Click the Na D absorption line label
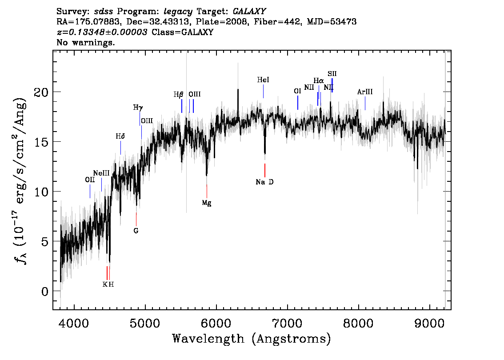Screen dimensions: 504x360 (264, 182)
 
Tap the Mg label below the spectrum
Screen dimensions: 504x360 (207, 203)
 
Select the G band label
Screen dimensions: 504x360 (136, 231)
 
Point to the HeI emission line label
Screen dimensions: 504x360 (263, 80)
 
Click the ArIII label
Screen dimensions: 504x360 (365, 92)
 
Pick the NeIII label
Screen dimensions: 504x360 (101, 173)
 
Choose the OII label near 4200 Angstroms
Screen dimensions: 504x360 (90, 180)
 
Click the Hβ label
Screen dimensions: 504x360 (178, 95)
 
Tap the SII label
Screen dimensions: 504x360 (332, 74)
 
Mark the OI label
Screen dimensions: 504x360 (297, 91)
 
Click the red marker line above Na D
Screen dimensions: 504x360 (265, 170)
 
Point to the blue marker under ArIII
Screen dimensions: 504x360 (365, 103)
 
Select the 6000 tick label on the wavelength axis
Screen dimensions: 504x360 (216, 323)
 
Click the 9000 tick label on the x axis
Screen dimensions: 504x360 (429, 323)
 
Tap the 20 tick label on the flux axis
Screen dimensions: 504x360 (41, 92)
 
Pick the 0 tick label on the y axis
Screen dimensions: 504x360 (45, 292)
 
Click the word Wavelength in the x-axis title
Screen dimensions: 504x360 (208, 339)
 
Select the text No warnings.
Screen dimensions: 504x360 (85, 42)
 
